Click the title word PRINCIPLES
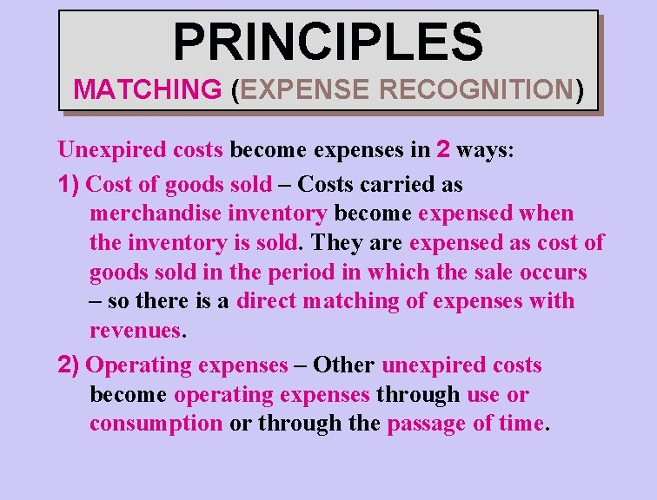(328, 42)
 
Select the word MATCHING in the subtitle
(148, 89)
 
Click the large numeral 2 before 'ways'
(443, 149)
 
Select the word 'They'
(338, 243)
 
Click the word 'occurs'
(554, 273)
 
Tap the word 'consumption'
(156, 424)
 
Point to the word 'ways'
(484, 149)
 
